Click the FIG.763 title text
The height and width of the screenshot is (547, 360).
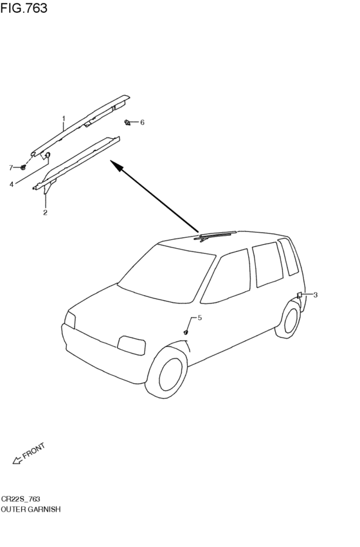[x=24, y=8]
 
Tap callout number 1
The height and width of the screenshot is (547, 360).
[x=64, y=119]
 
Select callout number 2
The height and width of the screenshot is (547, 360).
[x=46, y=213]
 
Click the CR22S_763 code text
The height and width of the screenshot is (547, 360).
[x=21, y=499]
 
